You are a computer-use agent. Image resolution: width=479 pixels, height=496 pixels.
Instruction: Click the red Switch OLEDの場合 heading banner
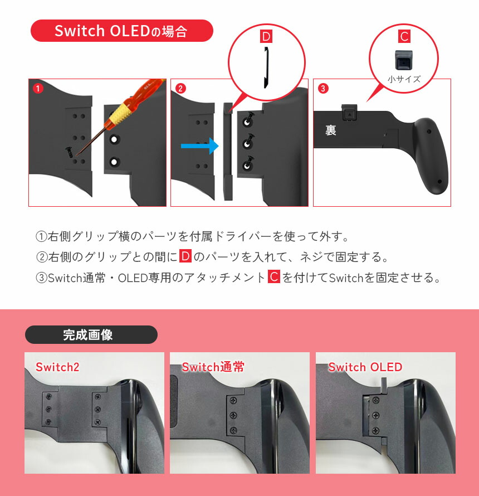(x=121, y=31)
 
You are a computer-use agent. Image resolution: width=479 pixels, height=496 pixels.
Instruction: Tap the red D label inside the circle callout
(x=266, y=37)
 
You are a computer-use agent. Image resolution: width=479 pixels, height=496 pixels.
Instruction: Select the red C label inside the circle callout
(x=404, y=37)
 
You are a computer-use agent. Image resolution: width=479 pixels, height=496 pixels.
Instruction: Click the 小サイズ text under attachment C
(x=404, y=79)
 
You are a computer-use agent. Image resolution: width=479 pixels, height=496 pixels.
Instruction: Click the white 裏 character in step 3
(x=331, y=131)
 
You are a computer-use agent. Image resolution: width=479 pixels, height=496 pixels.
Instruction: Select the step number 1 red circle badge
(x=37, y=88)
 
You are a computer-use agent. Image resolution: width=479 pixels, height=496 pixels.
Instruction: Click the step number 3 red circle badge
(x=322, y=88)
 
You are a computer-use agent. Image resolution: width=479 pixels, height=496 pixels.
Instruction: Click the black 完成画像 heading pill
(x=91, y=334)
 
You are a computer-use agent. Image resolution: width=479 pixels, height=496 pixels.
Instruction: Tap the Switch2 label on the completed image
(x=57, y=367)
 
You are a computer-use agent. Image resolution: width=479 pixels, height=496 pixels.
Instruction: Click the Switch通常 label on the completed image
(x=213, y=367)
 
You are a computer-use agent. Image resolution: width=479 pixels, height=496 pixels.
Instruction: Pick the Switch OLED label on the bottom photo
(x=365, y=367)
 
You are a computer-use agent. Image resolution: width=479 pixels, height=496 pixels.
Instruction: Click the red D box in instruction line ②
(x=185, y=256)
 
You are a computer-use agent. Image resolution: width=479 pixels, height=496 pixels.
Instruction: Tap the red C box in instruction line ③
(x=273, y=277)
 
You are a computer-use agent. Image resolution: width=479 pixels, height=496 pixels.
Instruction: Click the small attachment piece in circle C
(x=404, y=60)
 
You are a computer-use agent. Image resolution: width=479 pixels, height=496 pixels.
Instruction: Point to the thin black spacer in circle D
(x=266, y=67)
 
